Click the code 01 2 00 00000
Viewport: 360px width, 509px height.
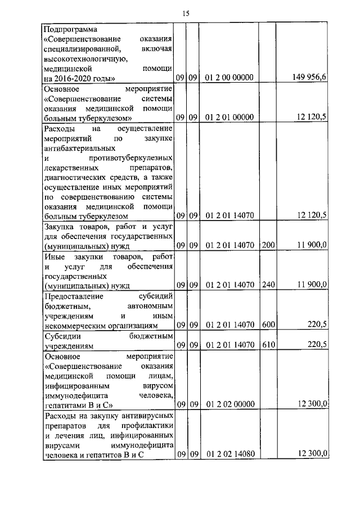(x=229, y=77)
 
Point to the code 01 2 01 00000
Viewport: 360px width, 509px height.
(x=229, y=118)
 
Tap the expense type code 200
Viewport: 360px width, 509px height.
(x=268, y=245)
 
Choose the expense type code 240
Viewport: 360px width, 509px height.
(x=268, y=285)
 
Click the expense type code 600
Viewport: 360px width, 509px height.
(x=268, y=325)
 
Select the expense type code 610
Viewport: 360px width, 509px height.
(x=268, y=345)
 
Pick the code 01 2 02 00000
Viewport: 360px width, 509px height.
(x=229, y=404)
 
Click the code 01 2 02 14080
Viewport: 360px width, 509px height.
(x=229, y=454)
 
